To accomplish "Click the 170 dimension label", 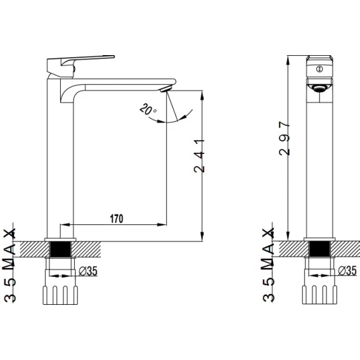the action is (117, 219).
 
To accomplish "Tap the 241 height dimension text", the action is (199, 156).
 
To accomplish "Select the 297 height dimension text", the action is (285, 138).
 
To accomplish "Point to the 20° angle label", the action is (148, 109).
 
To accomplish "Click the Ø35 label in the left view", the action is (88, 271).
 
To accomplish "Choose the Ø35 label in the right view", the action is (347, 271).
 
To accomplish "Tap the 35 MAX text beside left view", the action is (10, 265).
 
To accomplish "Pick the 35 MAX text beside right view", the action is (268, 264).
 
